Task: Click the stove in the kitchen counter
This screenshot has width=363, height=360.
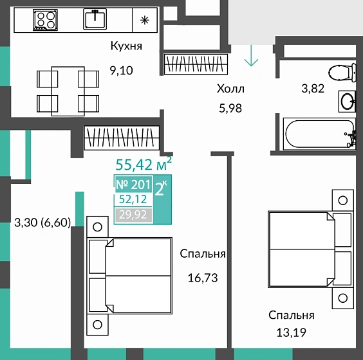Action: (45, 20)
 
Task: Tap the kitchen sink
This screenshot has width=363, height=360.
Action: (95, 19)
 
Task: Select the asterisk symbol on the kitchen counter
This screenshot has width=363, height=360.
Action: (145, 21)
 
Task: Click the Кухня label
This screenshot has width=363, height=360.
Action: (126, 46)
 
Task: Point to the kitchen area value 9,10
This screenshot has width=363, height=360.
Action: (121, 71)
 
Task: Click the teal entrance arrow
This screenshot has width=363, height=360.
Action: (251, 56)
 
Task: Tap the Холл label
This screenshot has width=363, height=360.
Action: (230, 89)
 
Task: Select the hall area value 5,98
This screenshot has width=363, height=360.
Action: (230, 108)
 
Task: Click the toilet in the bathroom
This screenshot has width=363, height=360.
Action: (342, 73)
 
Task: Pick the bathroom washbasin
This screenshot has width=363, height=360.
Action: (347, 102)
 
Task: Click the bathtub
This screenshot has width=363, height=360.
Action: (319, 134)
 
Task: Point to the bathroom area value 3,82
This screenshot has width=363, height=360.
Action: (313, 89)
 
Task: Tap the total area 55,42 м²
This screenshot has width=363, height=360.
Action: (144, 164)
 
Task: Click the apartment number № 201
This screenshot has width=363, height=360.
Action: (133, 184)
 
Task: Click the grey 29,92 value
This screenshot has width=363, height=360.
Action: (133, 215)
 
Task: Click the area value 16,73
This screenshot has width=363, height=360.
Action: (203, 278)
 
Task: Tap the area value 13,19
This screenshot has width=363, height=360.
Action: (291, 333)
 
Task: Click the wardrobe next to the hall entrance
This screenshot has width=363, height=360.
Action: (196, 64)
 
